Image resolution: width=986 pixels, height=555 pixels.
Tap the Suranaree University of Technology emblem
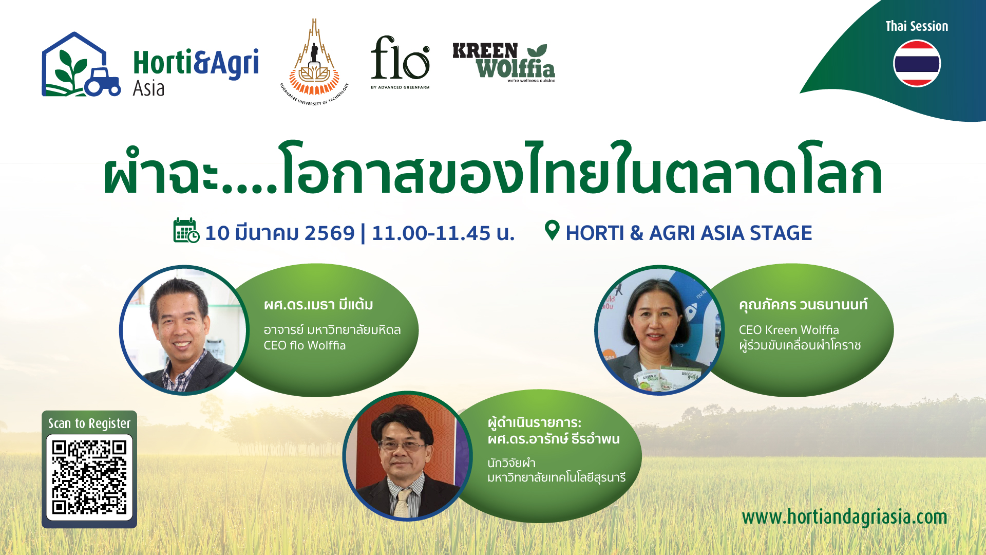pyautogui.click(x=314, y=62)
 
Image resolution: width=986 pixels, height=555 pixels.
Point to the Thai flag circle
pyautogui.click(x=917, y=64)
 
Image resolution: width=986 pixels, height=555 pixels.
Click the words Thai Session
pyautogui.click(x=917, y=26)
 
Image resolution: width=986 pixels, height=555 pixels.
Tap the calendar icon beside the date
pyautogui.click(x=186, y=230)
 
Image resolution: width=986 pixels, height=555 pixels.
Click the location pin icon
pyautogui.click(x=552, y=230)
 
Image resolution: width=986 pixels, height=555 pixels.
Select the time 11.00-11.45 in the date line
pyautogui.click(x=431, y=233)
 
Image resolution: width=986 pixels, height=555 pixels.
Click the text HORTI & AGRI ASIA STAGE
pyautogui.click(x=689, y=233)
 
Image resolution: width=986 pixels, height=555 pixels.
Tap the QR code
pyautogui.click(x=89, y=477)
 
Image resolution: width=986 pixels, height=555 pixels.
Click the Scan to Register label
pyautogui.click(x=89, y=423)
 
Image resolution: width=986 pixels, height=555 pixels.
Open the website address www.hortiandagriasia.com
pyautogui.click(x=845, y=517)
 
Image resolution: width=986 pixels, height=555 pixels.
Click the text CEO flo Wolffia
pyautogui.click(x=305, y=345)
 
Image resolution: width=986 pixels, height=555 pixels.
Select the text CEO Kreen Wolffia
pyautogui.click(x=789, y=330)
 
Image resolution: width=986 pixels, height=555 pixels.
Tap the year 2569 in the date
pyautogui.click(x=330, y=233)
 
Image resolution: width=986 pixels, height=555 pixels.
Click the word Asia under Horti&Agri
pyautogui.click(x=148, y=88)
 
